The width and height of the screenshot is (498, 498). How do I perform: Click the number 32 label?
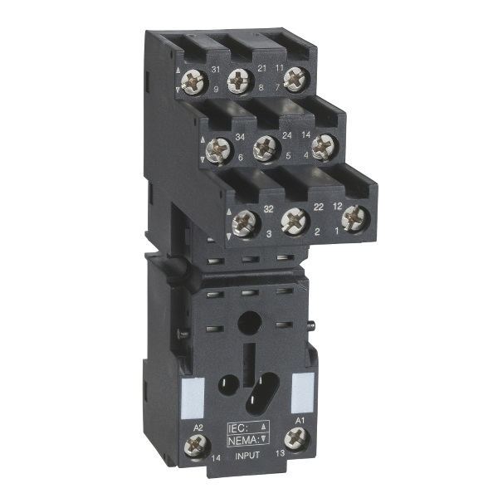pos(268,209)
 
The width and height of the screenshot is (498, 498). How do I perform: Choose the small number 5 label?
pos(286,154)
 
